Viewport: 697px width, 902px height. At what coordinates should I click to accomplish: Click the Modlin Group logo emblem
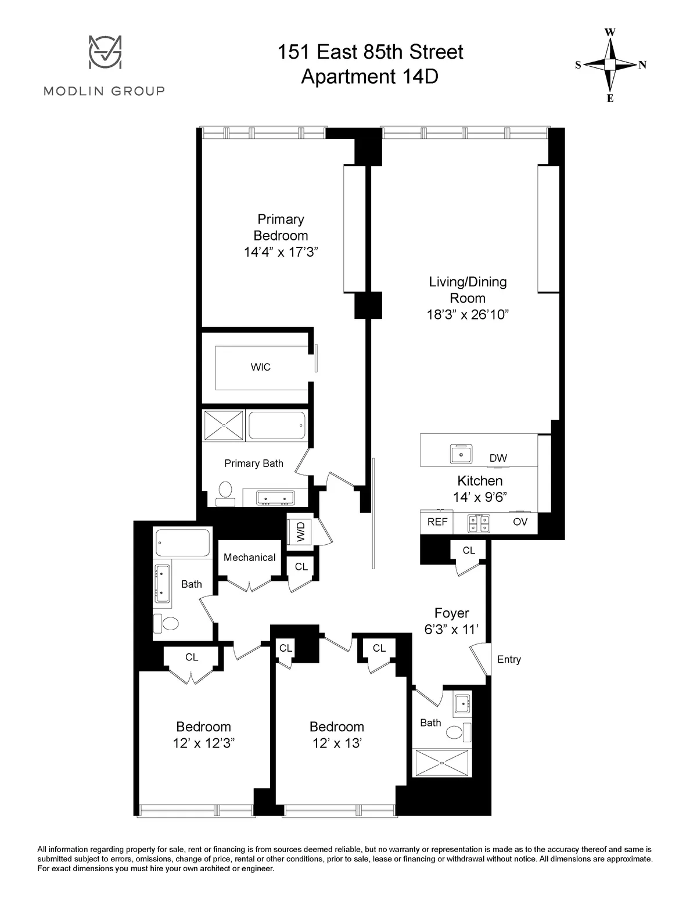[x=105, y=53]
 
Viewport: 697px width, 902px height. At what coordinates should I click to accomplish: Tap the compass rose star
[x=610, y=65]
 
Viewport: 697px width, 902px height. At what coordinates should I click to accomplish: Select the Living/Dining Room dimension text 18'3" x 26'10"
[x=468, y=315]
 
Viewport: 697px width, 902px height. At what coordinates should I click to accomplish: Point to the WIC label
[x=260, y=367]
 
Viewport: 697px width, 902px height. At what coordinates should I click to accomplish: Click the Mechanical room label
[x=249, y=558]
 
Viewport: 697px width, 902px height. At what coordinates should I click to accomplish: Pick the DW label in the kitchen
[x=498, y=458]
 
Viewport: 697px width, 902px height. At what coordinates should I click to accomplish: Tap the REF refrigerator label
[x=437, y=522]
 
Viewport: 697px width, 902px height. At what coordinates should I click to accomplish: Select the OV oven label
[x=520, y=522]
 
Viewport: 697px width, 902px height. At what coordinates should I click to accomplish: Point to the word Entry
[x=509, y=660]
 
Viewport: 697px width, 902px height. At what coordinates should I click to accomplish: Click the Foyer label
[x=451, y=613]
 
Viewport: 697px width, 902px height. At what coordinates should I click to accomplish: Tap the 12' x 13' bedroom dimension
[x=336, y=743]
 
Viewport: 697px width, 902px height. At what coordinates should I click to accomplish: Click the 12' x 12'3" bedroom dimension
[x=203, y=743]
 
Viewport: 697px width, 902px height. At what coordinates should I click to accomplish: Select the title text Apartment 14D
[x=369, y=76]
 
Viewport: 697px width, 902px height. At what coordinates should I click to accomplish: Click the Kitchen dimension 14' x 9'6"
[x=480, y=497]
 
